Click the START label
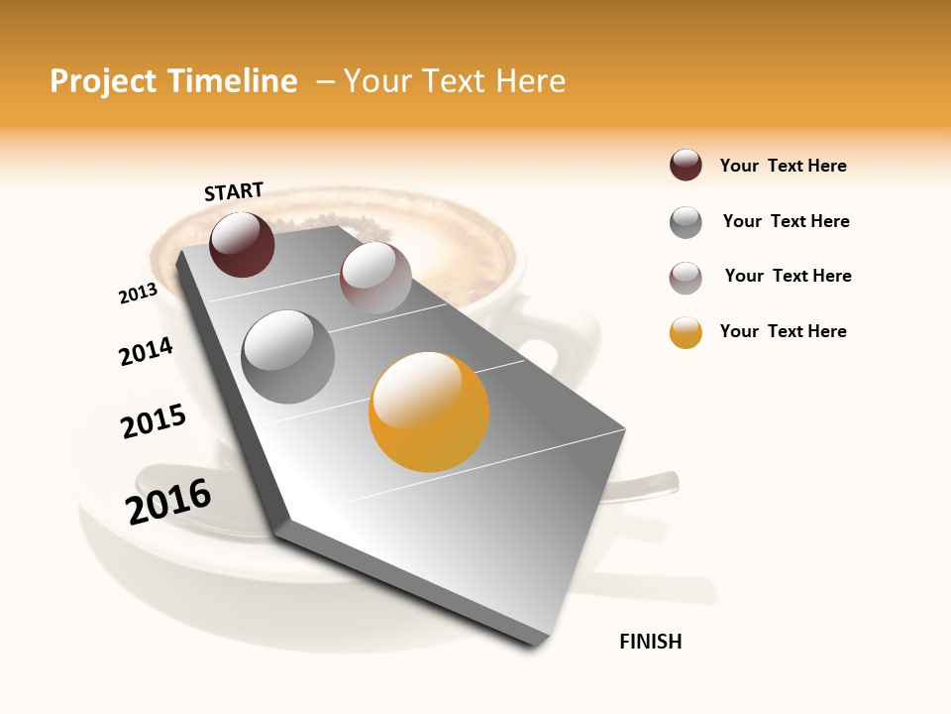(x=234, y=191)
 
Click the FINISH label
(x=650, y=642)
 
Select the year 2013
(x=138, y=293)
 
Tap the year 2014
(x=146, y=351)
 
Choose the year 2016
(x=168, y=502)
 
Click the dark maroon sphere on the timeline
(x=242, y=244)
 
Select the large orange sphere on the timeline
(x=429, y=412)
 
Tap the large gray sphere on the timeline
(x=287, y=356)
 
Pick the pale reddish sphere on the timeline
(x=375, y=278)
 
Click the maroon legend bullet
(x=686, y=166)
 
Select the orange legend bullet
(x=686, y=332)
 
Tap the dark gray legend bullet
(x=686, y=222)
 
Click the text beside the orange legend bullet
(x=783, y=331)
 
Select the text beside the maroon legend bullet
(x=783, y=166)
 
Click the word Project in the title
(x=103, y=81)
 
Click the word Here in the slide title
(x=530, y=81)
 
